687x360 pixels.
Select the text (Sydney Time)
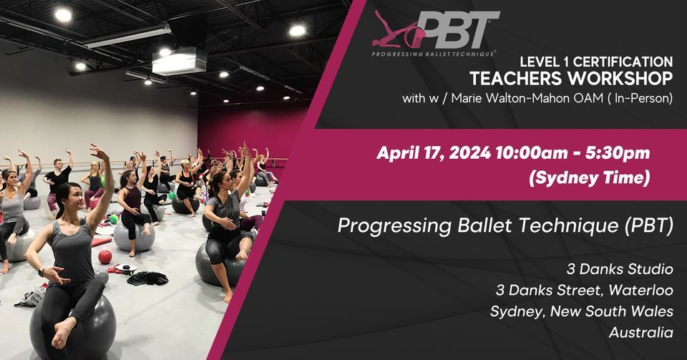point(590,178)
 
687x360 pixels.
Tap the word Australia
point(640,333)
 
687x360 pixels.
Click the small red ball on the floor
point(105,256)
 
